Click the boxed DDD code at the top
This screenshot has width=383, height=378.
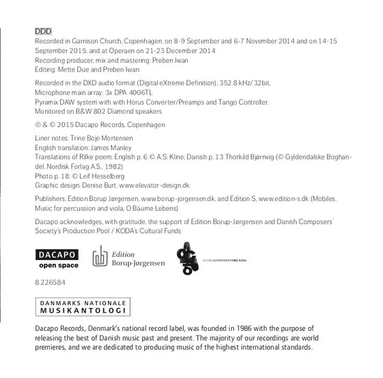[42, 30]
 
